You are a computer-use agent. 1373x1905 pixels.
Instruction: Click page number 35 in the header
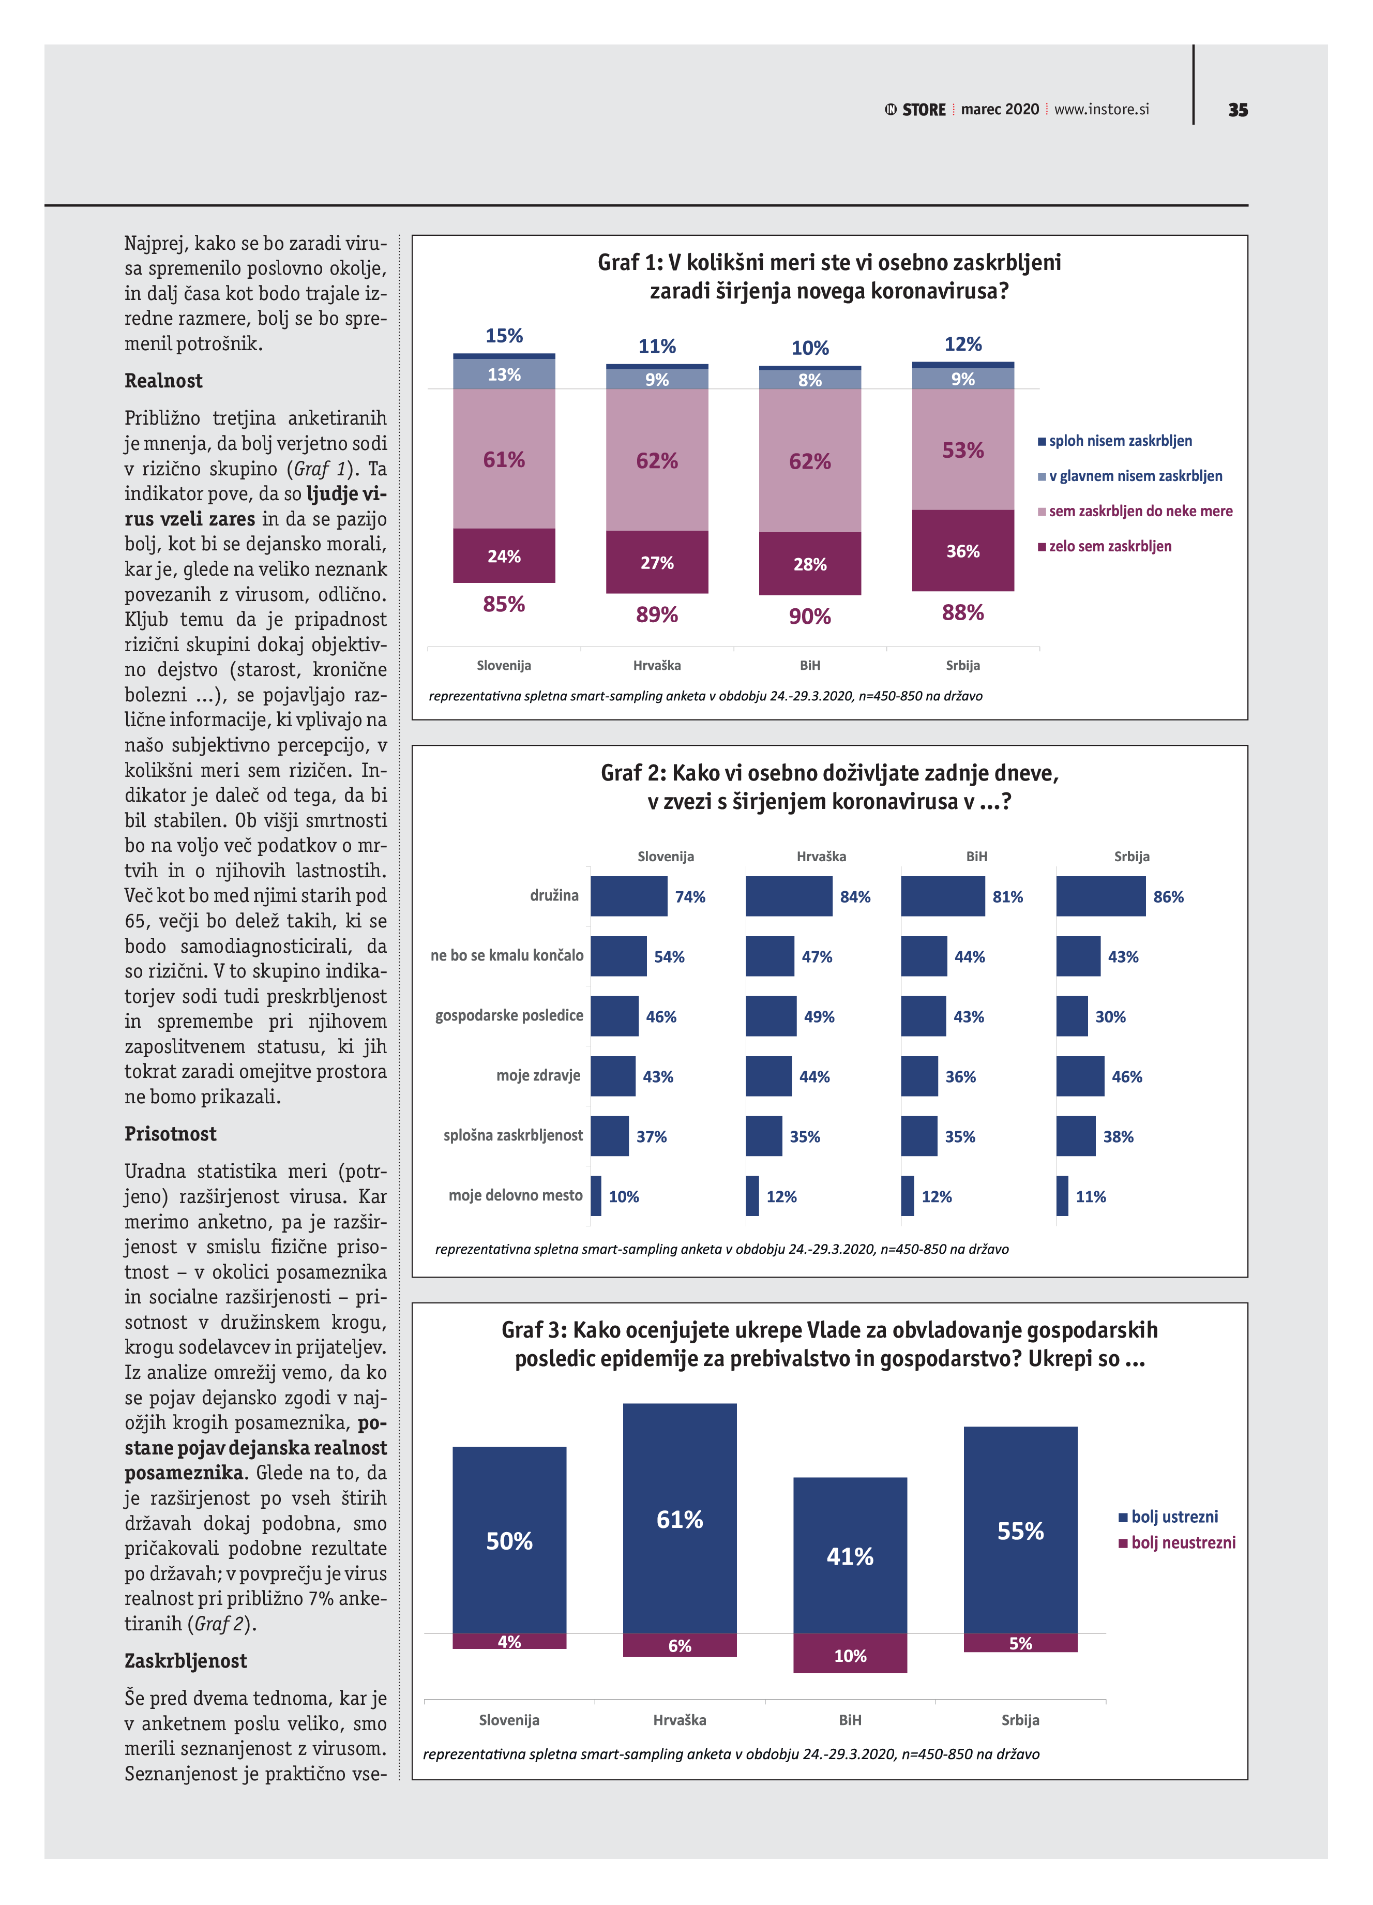[1237, 110]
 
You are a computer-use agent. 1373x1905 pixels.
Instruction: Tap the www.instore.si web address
[1101, 109]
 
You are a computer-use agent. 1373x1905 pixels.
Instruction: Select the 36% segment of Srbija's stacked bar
[962, 550]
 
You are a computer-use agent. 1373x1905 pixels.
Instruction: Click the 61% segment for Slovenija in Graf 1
[504, 459]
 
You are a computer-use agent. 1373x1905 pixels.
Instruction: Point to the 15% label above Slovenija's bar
[504, 336]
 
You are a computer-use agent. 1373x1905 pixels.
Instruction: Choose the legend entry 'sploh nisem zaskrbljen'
[1120, 441]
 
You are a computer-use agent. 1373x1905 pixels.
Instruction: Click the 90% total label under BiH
[809, 617]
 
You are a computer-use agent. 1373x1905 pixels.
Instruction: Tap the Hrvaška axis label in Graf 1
[657, 665]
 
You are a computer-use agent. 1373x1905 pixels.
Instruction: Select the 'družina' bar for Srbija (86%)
[1100, 896]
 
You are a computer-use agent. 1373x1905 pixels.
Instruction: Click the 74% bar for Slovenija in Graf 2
[628, 896]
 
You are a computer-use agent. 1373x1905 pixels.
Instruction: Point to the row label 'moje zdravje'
[538, 1075]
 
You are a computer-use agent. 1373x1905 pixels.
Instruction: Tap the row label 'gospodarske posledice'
[509, 1015]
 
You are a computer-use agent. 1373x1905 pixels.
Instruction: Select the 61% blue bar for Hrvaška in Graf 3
[680, 1519]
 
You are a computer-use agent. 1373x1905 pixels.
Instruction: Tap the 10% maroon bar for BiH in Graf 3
[850, 1653]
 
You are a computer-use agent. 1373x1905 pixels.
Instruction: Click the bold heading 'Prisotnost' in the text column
[171, 1134]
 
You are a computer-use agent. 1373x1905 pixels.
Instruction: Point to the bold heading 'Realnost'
[164, 381]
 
